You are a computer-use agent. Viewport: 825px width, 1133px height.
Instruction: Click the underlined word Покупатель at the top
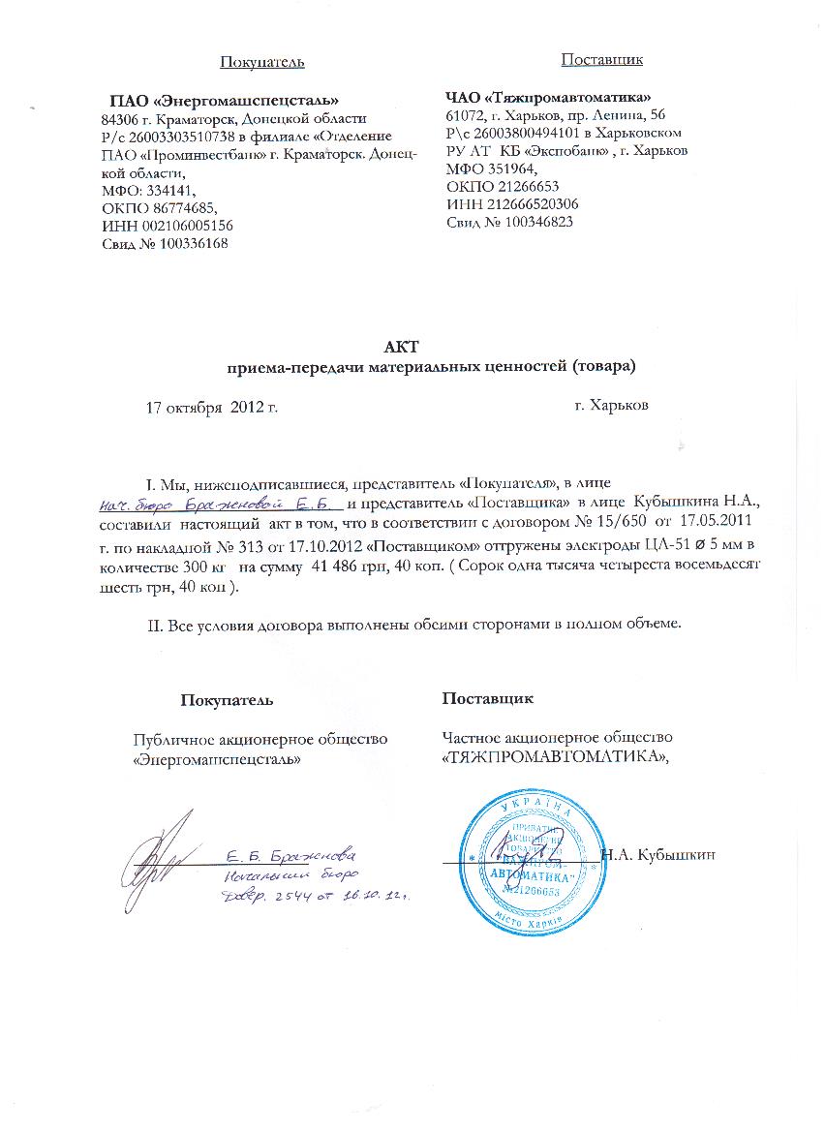coord(261,62)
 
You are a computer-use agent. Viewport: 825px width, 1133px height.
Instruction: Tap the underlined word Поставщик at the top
coord(602,59)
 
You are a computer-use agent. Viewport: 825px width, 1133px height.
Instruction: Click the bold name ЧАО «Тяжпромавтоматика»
coord(547,97)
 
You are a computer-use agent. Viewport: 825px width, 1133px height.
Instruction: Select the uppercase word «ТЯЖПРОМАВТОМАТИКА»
coord(557,757)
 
